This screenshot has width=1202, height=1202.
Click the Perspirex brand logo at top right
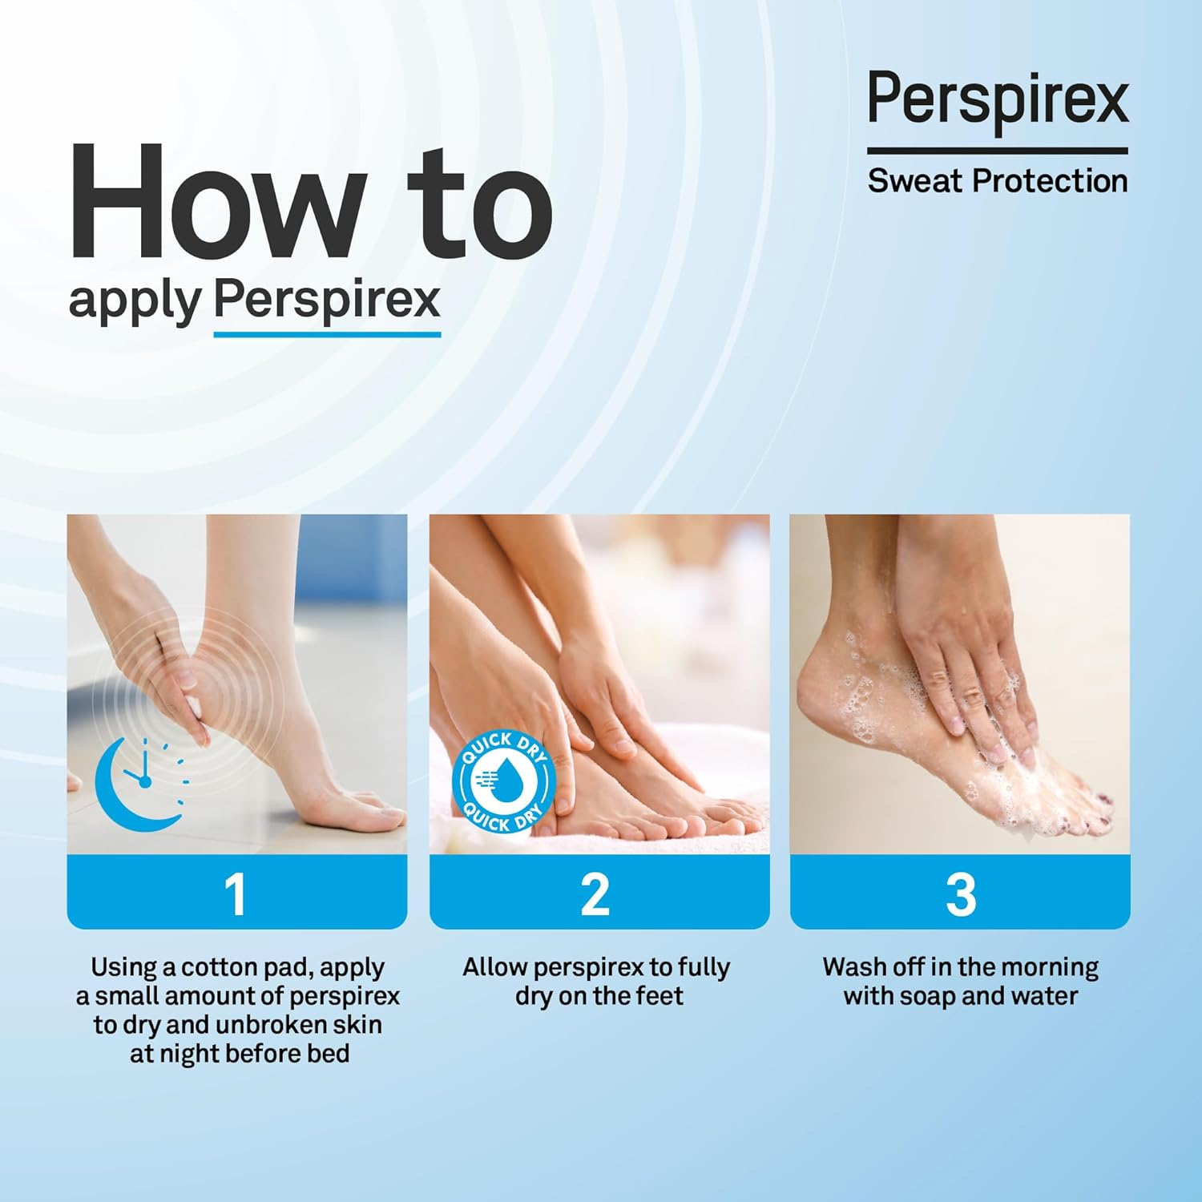[998, 99]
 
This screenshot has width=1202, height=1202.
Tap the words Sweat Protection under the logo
[998, 181]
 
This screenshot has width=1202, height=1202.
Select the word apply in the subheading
[134, 301]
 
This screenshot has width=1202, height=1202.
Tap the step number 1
[236, 893]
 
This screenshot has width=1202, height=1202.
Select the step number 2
[595, 893]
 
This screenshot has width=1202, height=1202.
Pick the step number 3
[960, 893]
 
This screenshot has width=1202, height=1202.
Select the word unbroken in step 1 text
[271, 1025]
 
